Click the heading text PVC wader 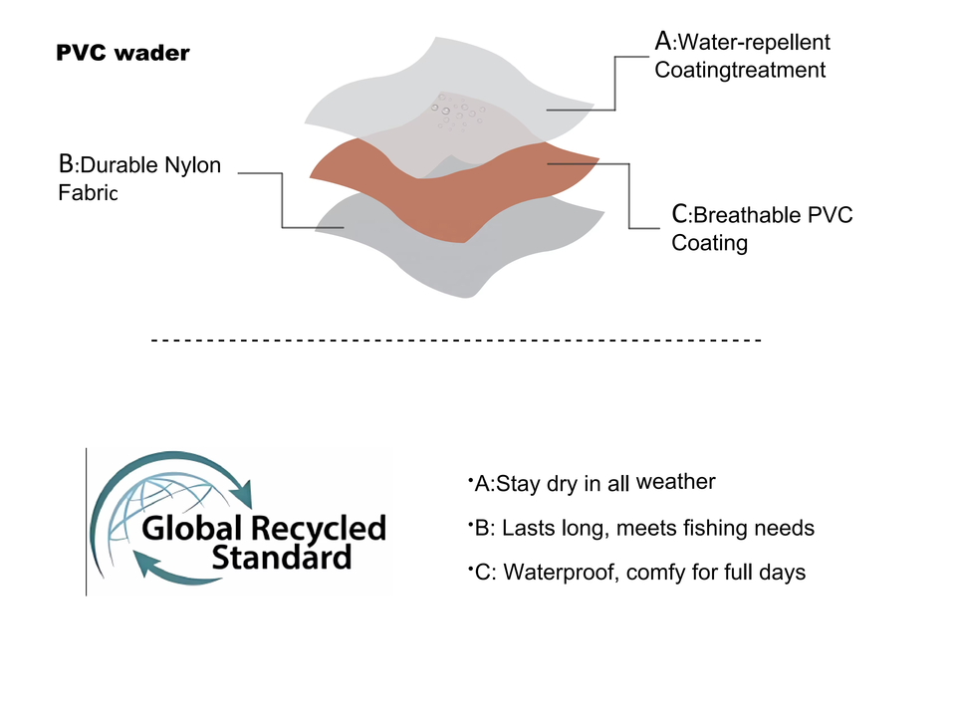point(122,53)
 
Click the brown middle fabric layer point(448,189)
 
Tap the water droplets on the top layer point(457,116)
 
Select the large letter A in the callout point(663,41)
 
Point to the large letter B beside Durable point(67,163)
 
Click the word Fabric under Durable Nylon point(88,192)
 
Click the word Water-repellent point(754,43)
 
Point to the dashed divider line point(456,342)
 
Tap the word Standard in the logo point(281,557)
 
